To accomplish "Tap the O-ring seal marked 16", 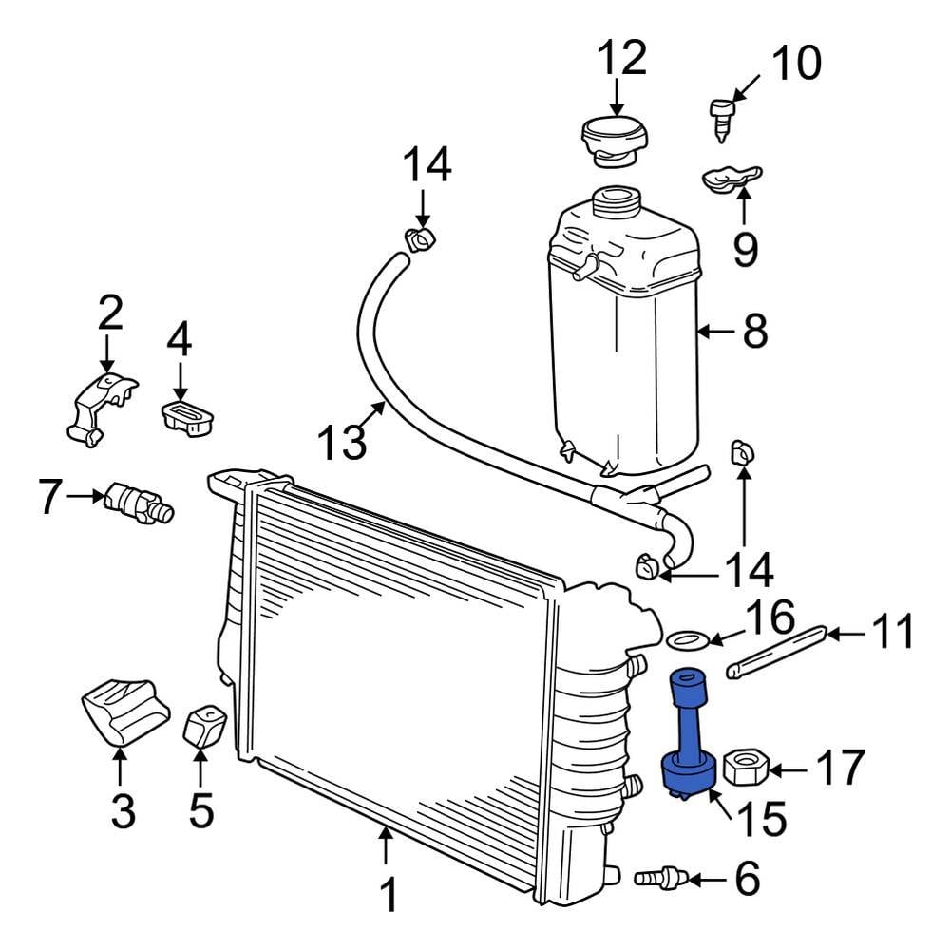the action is coord(687,638).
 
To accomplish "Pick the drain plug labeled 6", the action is coord(660,877).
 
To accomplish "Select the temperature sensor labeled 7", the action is coord(138,503).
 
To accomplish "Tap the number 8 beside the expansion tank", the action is coord(755,331).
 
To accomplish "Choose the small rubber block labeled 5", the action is coord(205,727).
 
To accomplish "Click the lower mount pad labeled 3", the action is coord(125,712).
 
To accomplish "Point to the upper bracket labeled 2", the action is coord(101,408).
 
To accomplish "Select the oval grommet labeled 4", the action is coord(188,417).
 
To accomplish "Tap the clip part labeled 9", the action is coord(731,179).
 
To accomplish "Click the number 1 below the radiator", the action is coord(389,895).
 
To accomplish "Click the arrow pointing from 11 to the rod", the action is coord(846,635).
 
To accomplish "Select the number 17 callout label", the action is coord(841,768).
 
